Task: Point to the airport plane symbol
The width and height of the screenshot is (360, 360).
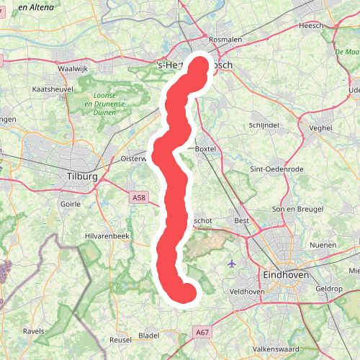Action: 230,263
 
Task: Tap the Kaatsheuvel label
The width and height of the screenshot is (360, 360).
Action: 53,89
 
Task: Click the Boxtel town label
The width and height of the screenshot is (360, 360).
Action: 206,148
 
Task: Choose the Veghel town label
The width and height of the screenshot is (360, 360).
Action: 320,127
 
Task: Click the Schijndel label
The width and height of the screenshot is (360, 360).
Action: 263,124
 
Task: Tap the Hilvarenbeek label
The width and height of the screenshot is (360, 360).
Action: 106,235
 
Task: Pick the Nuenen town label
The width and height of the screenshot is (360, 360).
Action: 323,245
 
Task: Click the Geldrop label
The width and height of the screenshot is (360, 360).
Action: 329,288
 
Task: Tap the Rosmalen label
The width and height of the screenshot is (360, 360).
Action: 222,40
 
